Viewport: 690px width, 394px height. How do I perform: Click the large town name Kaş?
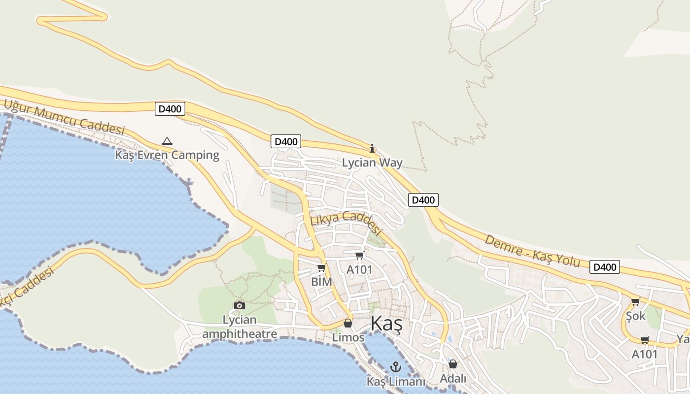pyautogui.click(x=386, y=324)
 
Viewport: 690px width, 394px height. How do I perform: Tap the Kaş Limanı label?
pyautogui.click(x=395, y=382)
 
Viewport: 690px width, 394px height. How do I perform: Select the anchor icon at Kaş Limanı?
pyautogui.click(x=395, y=367)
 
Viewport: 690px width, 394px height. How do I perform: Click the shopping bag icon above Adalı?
pyautogui.click(x=452, y=364)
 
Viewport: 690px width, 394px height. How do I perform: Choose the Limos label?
pyautogui.click(x=348, y=338)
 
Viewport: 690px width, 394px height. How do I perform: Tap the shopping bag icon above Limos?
pyautogui.click(x=348, y=323)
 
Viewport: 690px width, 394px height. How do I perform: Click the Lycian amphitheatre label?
pyautogui.click(x=240, y=327)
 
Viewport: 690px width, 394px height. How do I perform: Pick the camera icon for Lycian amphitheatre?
pyautogui.click(x=240, y=305)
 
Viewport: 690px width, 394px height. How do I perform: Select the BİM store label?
pyautogui.click(x=321, y=282)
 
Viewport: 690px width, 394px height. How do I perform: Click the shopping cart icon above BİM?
pyautogui.click(x=321, y=267)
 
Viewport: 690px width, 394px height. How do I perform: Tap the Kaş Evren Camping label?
pyautogui.click(x=167, y=155)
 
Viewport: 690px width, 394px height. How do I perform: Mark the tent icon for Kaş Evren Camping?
pyautogui.click(x=167, y=141)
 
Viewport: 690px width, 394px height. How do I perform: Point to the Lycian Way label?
pyautogui.click(x=372, y=163)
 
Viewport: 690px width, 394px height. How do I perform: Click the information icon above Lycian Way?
pyautogui.click(x=372, y=148)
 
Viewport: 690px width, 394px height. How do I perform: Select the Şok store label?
pyautogui.click(x=635, y=316)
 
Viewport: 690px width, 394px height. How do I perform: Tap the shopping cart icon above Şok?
pyautogui.click(x=635, y=301)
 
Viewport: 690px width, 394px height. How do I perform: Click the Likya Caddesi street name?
pyautogui.click(x=346, y=222)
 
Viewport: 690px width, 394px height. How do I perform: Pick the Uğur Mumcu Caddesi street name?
pyautogui.click(x=64, y=117)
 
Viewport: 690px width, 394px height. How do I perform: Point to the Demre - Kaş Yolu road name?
pyautogui.click(x=532, y=250)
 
